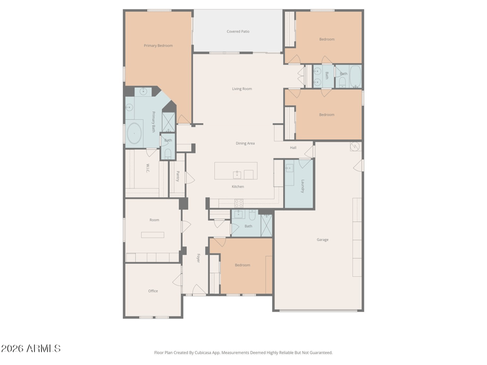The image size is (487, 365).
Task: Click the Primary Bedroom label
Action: pos(158,46)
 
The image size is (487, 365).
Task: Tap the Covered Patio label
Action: pos(238,32)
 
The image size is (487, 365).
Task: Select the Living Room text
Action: pos(242,89)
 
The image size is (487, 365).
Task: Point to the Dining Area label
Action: pos(245,144)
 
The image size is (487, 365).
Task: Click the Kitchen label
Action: pos(237,187)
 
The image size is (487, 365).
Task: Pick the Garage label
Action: pos(323,240)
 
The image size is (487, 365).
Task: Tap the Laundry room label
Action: pos(303,186)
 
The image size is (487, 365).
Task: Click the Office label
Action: pos(153,291)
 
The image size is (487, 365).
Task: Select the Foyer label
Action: pos(198,258)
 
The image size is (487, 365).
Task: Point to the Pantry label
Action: pos(178,176)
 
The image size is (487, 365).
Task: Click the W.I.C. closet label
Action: pos(147,169)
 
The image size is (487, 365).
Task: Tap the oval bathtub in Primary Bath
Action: pos(134,133)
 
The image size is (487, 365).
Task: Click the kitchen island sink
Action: pos(237,175)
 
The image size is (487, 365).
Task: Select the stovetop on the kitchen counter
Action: pos(239,203)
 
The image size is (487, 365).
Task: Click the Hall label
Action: pos(293,148)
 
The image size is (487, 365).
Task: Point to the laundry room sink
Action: pos(289,168)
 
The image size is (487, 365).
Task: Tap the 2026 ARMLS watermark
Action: pos(30,348)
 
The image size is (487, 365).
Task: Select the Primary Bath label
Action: pos(153,122)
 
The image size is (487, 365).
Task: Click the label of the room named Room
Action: pos(154,220)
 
